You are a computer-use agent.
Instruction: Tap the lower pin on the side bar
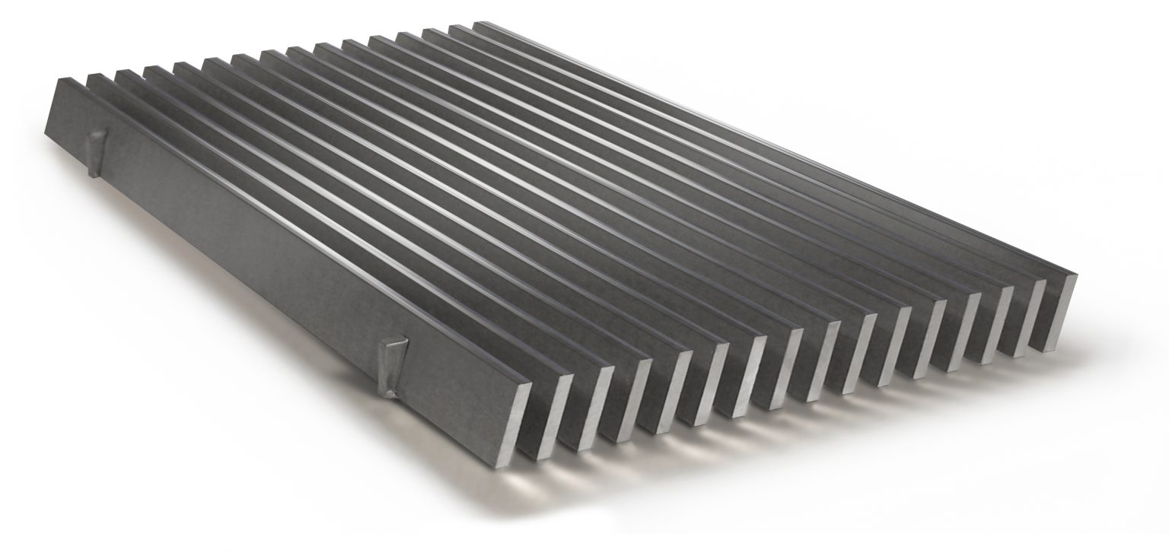(x=393, y=368)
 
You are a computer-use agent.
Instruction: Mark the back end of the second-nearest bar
(x=95, y=75)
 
